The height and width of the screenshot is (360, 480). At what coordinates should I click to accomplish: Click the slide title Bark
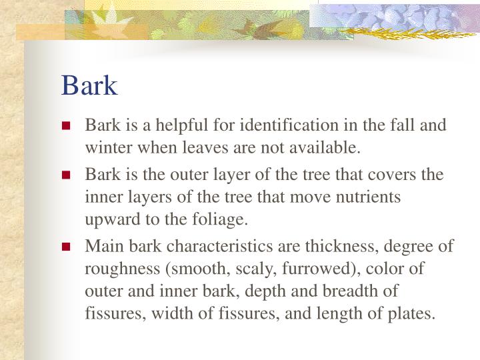point(89,85)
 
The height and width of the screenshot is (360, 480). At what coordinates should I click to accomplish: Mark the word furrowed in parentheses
point(283,269)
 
